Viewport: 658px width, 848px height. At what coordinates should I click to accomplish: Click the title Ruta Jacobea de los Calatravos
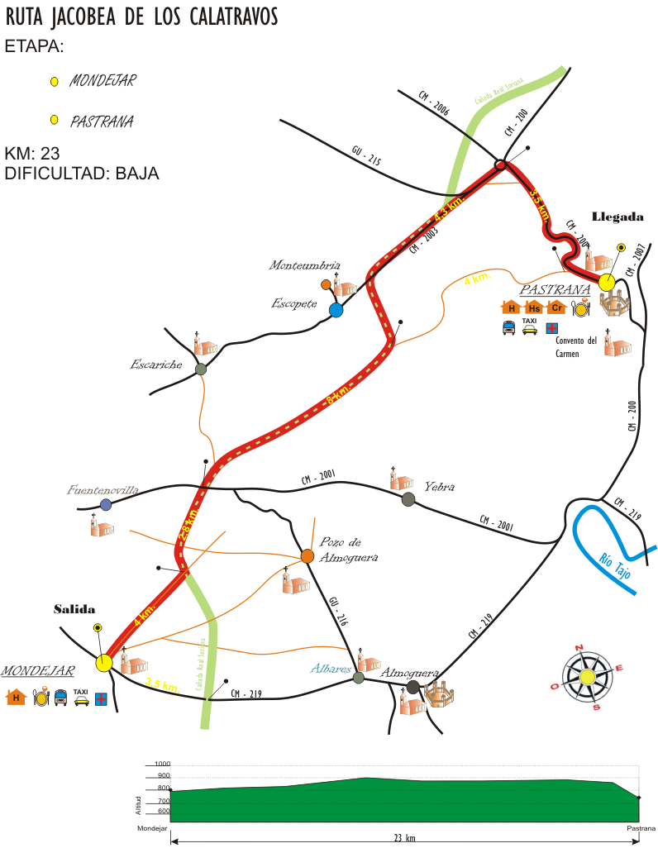142,17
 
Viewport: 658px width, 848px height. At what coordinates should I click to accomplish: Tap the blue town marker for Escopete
336,310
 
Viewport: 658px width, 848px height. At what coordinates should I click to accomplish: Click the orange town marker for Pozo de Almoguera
307,555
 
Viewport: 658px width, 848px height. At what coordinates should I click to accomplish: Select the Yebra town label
439,487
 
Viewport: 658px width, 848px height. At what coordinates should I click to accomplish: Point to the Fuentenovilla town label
103,489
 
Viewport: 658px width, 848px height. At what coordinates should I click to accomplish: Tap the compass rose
587,677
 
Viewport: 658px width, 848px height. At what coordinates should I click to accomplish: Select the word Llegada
617,217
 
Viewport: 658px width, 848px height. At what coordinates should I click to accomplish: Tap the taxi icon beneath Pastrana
530,327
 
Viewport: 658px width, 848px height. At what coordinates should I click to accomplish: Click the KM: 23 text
32,154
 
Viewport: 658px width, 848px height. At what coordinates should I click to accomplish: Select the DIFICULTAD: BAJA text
81,174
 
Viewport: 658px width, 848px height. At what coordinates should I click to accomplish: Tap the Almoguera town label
408,673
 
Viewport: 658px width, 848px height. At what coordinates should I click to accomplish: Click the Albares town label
331,668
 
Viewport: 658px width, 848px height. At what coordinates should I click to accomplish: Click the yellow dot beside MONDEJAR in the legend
55,82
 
